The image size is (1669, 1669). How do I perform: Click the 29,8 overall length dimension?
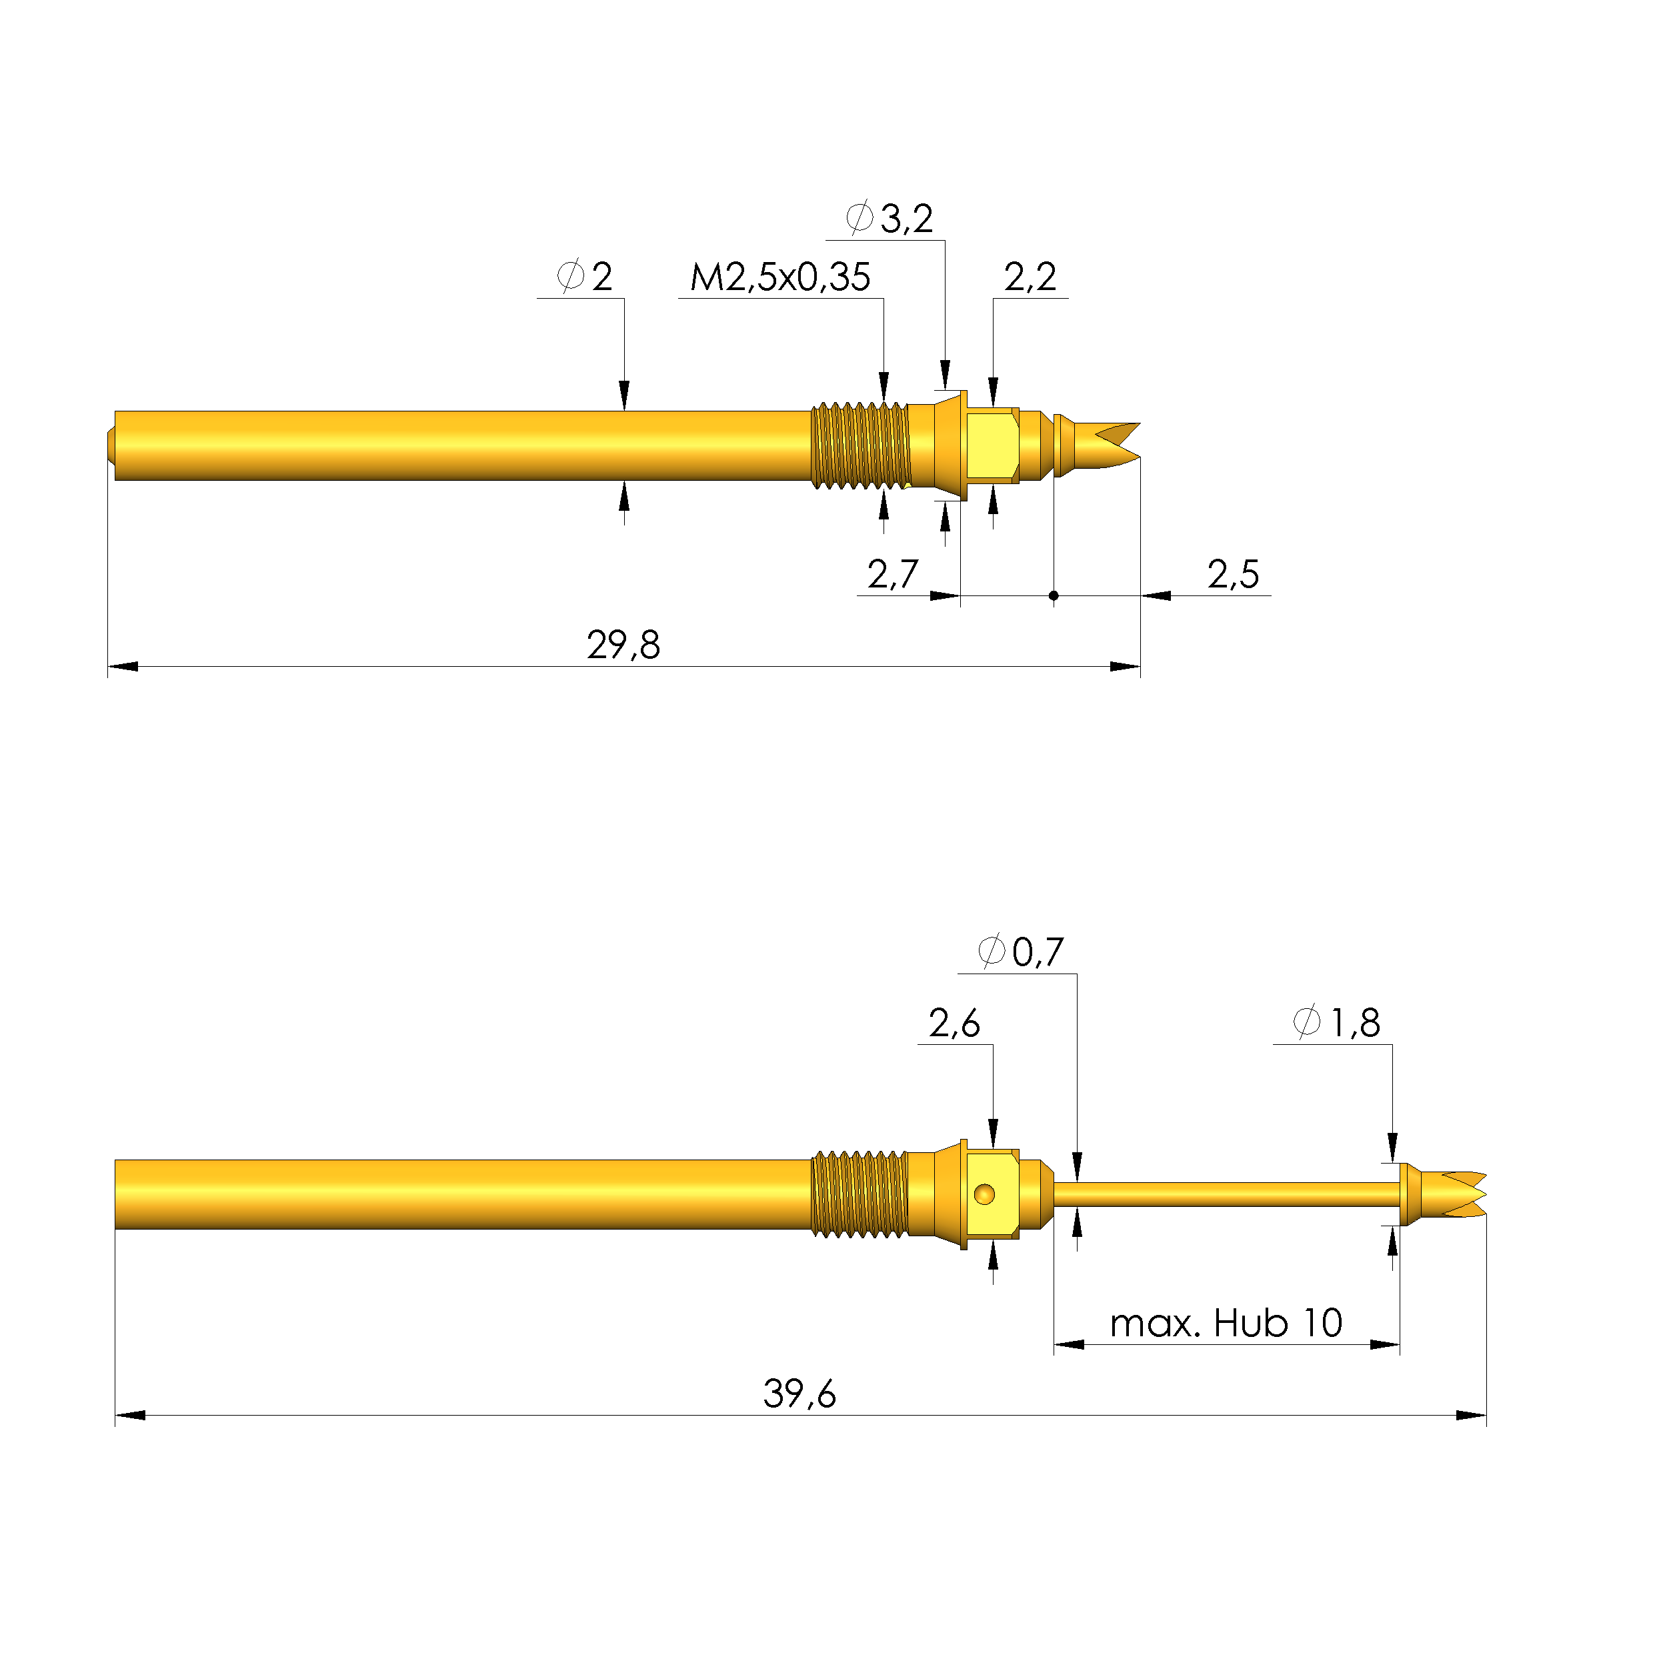point(623,645)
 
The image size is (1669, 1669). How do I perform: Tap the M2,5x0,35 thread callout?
point(779,278)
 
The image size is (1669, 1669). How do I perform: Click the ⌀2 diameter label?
point(585,277)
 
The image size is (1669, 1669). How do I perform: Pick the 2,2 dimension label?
point(1029,277)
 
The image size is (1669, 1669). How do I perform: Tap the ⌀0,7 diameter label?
point(1020,952)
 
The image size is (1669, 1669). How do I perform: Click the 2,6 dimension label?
point(954,1024)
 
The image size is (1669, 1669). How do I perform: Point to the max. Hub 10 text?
point(1225,1322)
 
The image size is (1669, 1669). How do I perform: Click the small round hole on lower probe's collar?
point(984,1195)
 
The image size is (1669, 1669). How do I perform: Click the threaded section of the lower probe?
point(860,1195)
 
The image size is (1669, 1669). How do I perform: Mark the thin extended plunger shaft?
point(1227,1195)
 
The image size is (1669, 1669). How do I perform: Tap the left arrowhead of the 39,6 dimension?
point(129,1415)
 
